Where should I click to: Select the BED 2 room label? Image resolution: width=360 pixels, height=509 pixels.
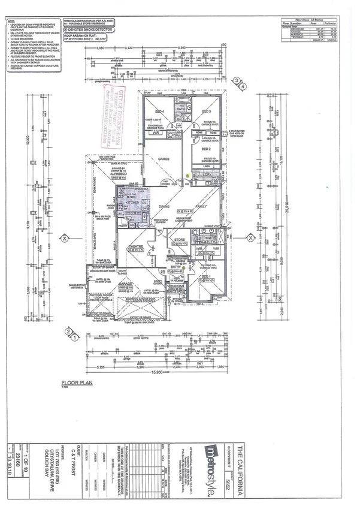[x=207, y=148]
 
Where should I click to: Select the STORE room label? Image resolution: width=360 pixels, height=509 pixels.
[x=179, y=240]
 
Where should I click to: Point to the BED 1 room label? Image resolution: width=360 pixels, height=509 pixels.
[x=205, y=276]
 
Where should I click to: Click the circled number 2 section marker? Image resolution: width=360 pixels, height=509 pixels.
[x=69, y=331]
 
